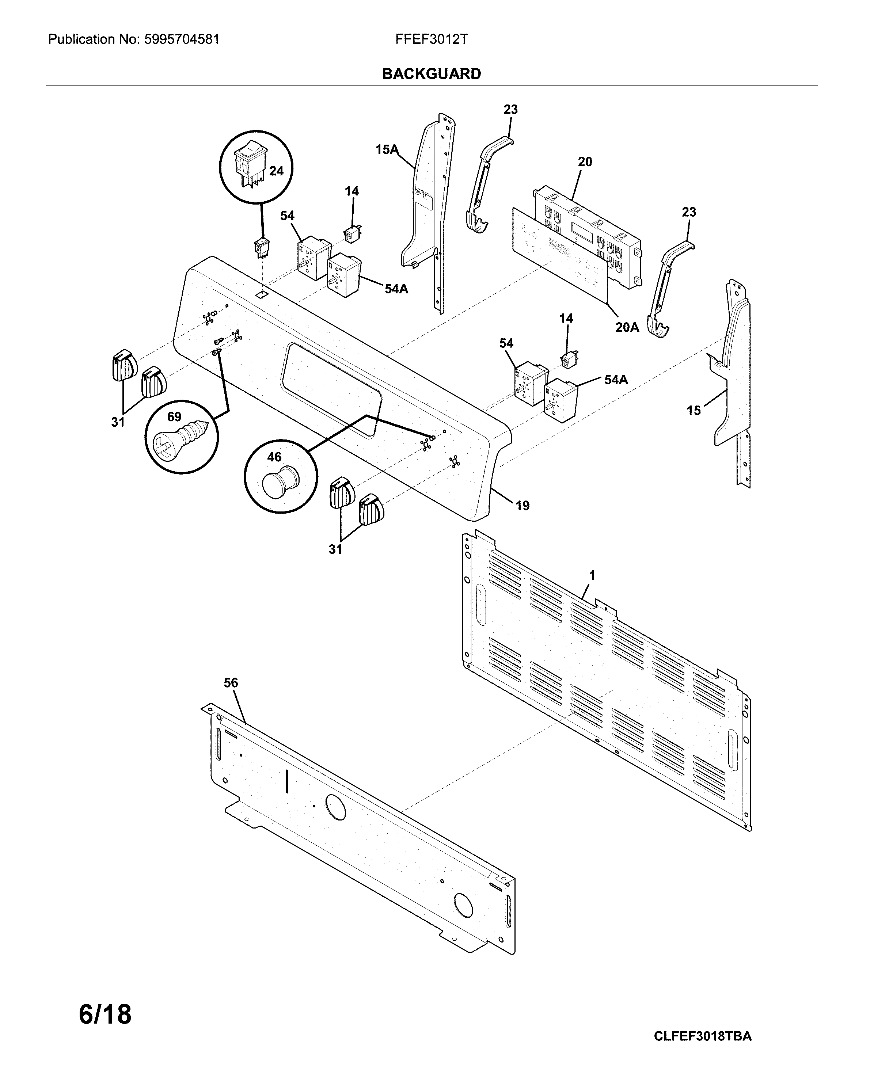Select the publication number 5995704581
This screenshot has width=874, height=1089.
(x=181, y=39)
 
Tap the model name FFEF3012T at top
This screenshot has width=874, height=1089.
(x=432, y=39)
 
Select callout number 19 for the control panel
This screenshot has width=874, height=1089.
(x=522, y=505)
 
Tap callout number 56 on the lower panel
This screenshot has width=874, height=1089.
(x=231, y=683)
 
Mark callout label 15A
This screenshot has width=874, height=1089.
(x=387, y=149)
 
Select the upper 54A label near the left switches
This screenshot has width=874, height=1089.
(x=396, y=289)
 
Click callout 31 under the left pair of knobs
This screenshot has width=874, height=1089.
(x=118, y=422)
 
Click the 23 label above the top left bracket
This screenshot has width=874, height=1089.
(x=510, y=110)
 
